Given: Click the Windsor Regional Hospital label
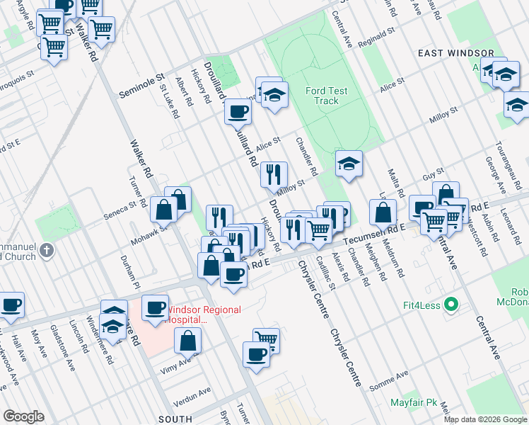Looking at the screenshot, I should pyautogui.click(x=203, y=314).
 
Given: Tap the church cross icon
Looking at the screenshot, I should pyautogui.click(x=47, y=250).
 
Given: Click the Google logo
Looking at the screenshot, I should pyautogui.click(x=23, y=416).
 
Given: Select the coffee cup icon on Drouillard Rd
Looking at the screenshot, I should pyautogui.click(x=238, y=110).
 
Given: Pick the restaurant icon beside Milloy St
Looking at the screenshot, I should pyautogui.click(x=273, y=173).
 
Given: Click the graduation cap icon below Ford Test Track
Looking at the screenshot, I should pyautogui.click(x=349, y=164).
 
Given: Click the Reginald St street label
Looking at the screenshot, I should pyautogui.click(x=376, y=35).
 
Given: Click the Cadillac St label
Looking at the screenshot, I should pyautogui.click(x=325, y=272).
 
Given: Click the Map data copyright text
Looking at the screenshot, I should pyautogui.click(x=485, y=419).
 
